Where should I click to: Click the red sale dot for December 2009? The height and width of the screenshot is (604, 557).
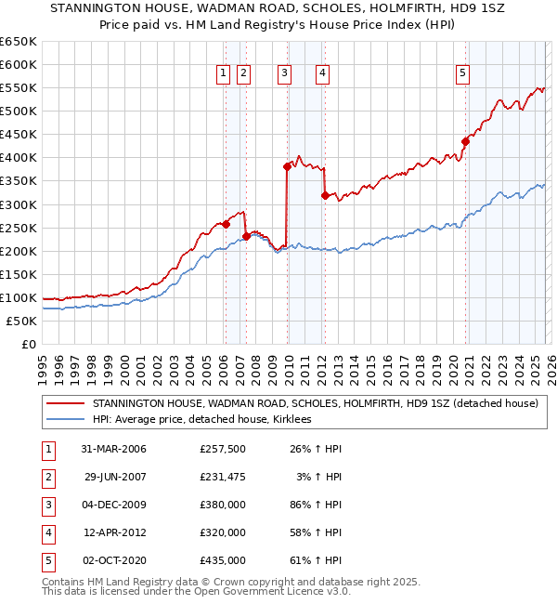click(x=287, y=166)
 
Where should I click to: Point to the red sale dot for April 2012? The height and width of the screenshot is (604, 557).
click(x=325, y=195)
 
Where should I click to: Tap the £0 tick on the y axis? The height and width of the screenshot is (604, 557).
click(x=28, y=344)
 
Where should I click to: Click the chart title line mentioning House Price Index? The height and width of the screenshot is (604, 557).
click(x=278, y=26)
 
